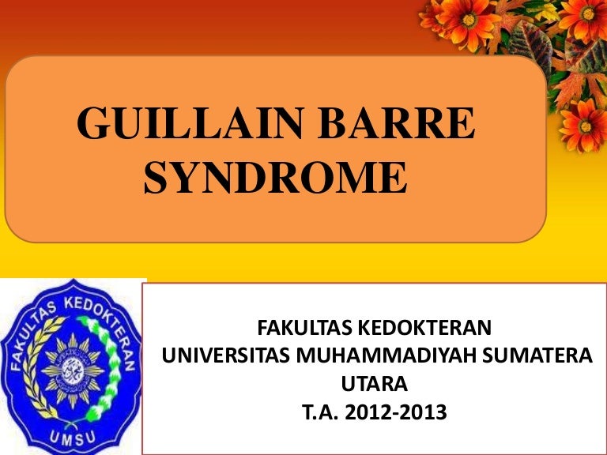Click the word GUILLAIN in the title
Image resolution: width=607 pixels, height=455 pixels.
pos(190,123)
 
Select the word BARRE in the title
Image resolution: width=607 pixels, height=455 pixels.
pos(397,123)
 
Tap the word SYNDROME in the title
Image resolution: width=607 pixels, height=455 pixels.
pos(275,178)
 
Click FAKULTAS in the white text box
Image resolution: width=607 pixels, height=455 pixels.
pos(303,328)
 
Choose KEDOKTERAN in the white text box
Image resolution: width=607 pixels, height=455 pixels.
pos(424,328)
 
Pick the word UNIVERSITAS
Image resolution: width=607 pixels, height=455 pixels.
pos(226,356)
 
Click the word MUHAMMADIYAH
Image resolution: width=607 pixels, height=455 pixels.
pos(386,356)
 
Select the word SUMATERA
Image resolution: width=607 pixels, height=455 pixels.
pos(537,356)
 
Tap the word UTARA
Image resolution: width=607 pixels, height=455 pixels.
pos(375,384)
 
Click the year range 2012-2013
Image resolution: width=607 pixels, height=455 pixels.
pos(396,412)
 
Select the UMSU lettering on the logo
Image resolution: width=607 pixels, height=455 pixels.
pos(73,438)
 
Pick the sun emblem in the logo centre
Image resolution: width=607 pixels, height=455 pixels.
pos(73,370)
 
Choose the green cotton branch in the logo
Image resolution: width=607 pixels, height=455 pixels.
pos(104,367)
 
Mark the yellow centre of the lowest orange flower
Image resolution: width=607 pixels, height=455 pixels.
pos(586,126)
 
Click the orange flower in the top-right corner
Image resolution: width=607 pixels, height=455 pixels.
pos(586,17)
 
